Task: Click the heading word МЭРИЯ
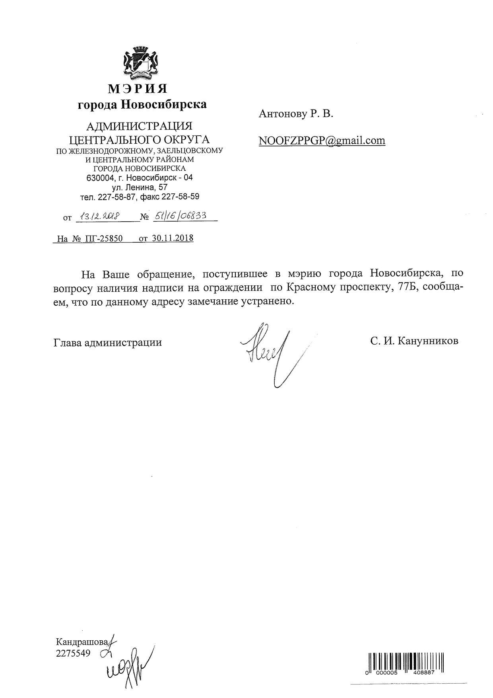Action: [138, 88]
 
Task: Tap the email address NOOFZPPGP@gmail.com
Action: [322, 140]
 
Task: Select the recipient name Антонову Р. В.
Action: [296, 114]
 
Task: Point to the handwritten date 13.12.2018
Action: [97, 216]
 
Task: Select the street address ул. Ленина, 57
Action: [140, 187]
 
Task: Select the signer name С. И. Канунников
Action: [413, 341]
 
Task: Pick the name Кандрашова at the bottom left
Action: [82, 642]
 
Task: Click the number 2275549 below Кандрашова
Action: [73, 653]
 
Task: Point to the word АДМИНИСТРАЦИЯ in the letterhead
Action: [139, 127]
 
